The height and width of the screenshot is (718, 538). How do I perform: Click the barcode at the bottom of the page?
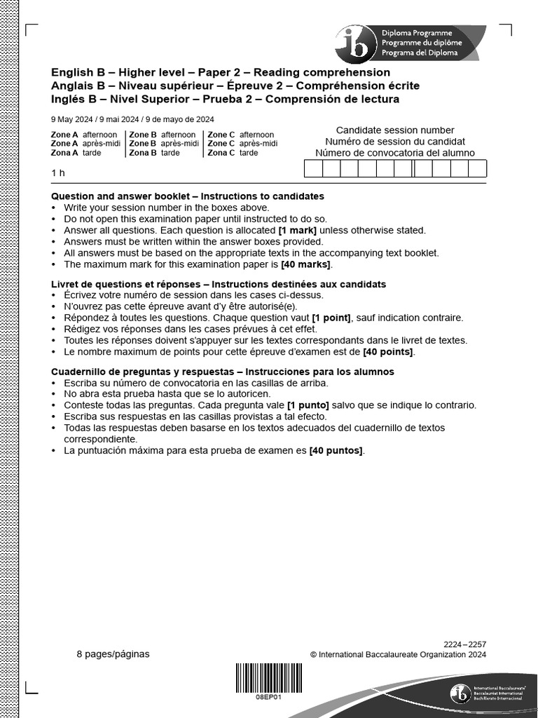pyautogui.click(x=268, y=679)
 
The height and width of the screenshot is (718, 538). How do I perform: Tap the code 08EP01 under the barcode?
pyautogui.click(x=268, y=698)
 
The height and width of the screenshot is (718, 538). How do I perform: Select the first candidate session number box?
pyautogui.click(x=312, y=169)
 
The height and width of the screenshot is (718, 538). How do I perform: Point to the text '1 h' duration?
pyautogui.click(x=57, y=172)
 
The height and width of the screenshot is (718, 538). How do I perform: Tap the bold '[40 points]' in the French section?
pyautogui.click(x=388, y=351)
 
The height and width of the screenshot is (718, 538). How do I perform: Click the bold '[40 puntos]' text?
pyautogui.click(x=336, y=450)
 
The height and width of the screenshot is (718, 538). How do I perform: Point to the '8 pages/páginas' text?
pyautogui.click(x=113, y=654)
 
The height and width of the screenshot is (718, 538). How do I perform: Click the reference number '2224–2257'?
pyautogui.click(x=464, y=644)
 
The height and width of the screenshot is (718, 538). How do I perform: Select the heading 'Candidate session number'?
pyautogui.click(x=395, y=130)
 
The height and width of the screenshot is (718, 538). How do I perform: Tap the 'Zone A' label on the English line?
pyautogui.click(x=64, y=135)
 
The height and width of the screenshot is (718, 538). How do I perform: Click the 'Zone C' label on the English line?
pyautogui.click(x=221, y=135)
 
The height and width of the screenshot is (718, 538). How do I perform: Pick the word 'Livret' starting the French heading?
pyautogui.click(x=66, y=284)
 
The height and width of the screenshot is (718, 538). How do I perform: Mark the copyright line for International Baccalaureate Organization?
pyautogui.click(x=398, y=655)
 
